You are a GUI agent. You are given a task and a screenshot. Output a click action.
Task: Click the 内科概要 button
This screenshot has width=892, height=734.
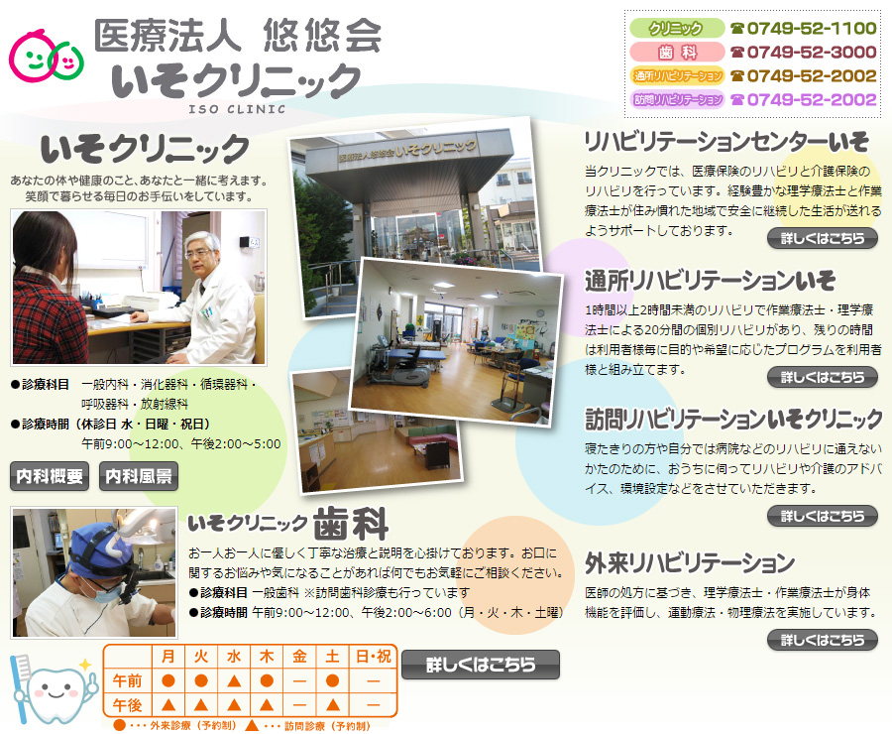tap(50, 476)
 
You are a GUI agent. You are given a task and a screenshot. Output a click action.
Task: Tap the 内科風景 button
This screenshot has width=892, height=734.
tap(138, 476)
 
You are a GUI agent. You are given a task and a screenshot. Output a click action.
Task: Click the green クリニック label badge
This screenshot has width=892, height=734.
tap(676, 28)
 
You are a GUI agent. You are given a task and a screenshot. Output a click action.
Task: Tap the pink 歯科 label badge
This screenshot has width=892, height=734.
tap(676, 52)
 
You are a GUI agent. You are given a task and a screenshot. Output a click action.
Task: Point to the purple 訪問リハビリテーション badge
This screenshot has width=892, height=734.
tap(676, 99)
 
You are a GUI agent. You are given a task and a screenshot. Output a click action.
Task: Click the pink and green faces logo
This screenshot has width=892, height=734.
tap(46, 56)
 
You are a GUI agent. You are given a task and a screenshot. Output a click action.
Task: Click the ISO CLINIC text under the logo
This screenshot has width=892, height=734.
tap(237, 109)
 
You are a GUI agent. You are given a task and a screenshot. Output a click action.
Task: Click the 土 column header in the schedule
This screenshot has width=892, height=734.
tap(332, 657)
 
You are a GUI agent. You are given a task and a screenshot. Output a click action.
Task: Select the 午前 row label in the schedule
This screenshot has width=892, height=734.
tap(127, 680)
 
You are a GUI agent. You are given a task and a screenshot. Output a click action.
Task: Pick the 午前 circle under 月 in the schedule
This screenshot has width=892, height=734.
tap(167, 680)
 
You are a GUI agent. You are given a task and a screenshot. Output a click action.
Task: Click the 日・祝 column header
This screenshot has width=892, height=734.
tap(374, 657)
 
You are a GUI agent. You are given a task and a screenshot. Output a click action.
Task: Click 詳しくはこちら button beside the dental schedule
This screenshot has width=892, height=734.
tap(481, 665)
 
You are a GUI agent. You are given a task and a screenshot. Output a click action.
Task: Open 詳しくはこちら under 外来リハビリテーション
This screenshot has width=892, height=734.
tap(822, 640)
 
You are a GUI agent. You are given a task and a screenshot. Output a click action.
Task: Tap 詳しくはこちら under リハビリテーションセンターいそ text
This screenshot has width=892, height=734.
tap(822, 238)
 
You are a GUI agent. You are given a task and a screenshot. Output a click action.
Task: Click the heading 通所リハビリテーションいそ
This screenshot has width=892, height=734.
tap(710, 280)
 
